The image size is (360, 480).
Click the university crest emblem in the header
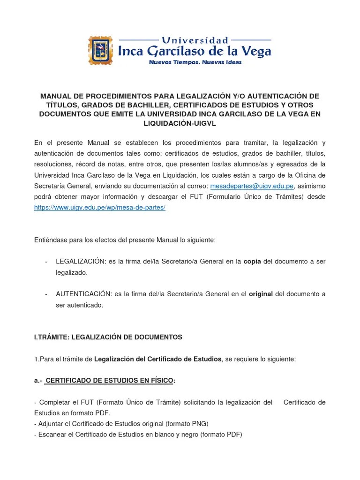pos(100,50)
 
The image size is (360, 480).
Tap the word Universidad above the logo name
pos(195,40)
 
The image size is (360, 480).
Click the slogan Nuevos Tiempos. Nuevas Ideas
pos(195,62)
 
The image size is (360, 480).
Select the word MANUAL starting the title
pos(56,96)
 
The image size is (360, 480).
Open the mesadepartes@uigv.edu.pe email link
pos(252,186)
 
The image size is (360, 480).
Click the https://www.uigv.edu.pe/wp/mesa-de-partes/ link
pos(100,208)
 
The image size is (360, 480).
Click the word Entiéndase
pos(52,240)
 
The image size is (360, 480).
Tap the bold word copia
pos(252,262)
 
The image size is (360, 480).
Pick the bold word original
pos(260,294)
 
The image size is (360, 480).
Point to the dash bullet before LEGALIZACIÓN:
pos(46,262)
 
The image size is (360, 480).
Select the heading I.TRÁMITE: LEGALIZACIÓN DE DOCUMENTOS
pos(108,337)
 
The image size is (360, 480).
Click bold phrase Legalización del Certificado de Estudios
pos(157,359)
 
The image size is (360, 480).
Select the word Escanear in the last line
pos(52,435)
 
